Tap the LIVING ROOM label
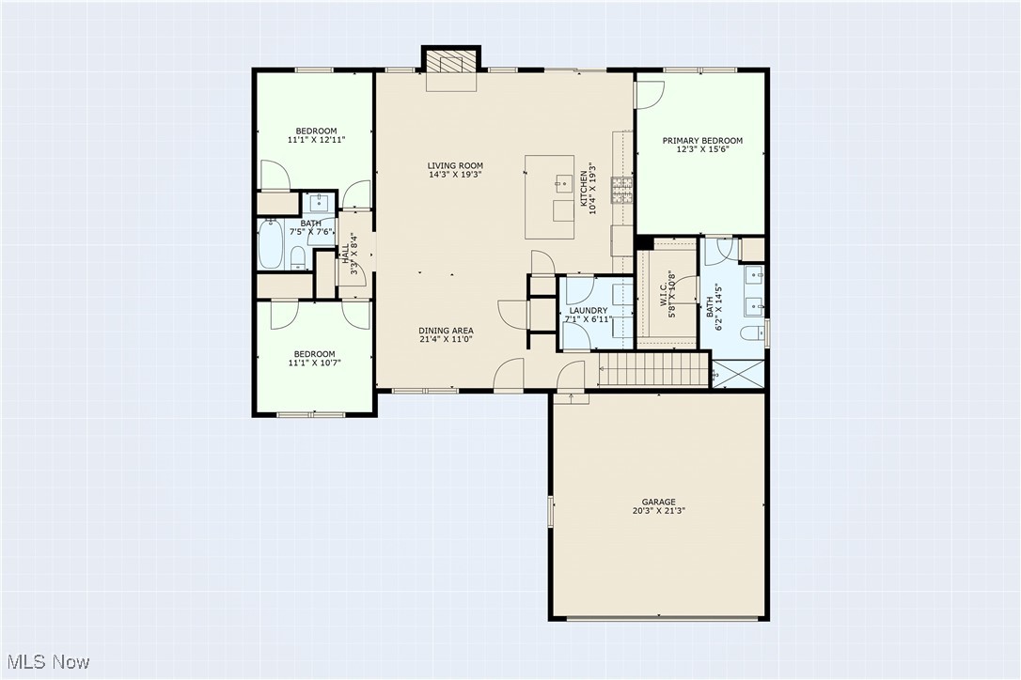point(456,165)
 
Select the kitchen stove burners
point(621,191)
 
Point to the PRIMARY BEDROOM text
point(702,141)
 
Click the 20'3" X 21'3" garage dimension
point(659,512)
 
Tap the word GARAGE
point(659,502)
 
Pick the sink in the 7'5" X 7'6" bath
point(320,201)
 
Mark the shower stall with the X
point(738,374)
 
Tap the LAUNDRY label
point(589,310)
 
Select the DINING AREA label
point(446,331)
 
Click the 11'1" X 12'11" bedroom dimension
point(316,140)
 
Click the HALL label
point(345,253)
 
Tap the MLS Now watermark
point(46,662)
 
